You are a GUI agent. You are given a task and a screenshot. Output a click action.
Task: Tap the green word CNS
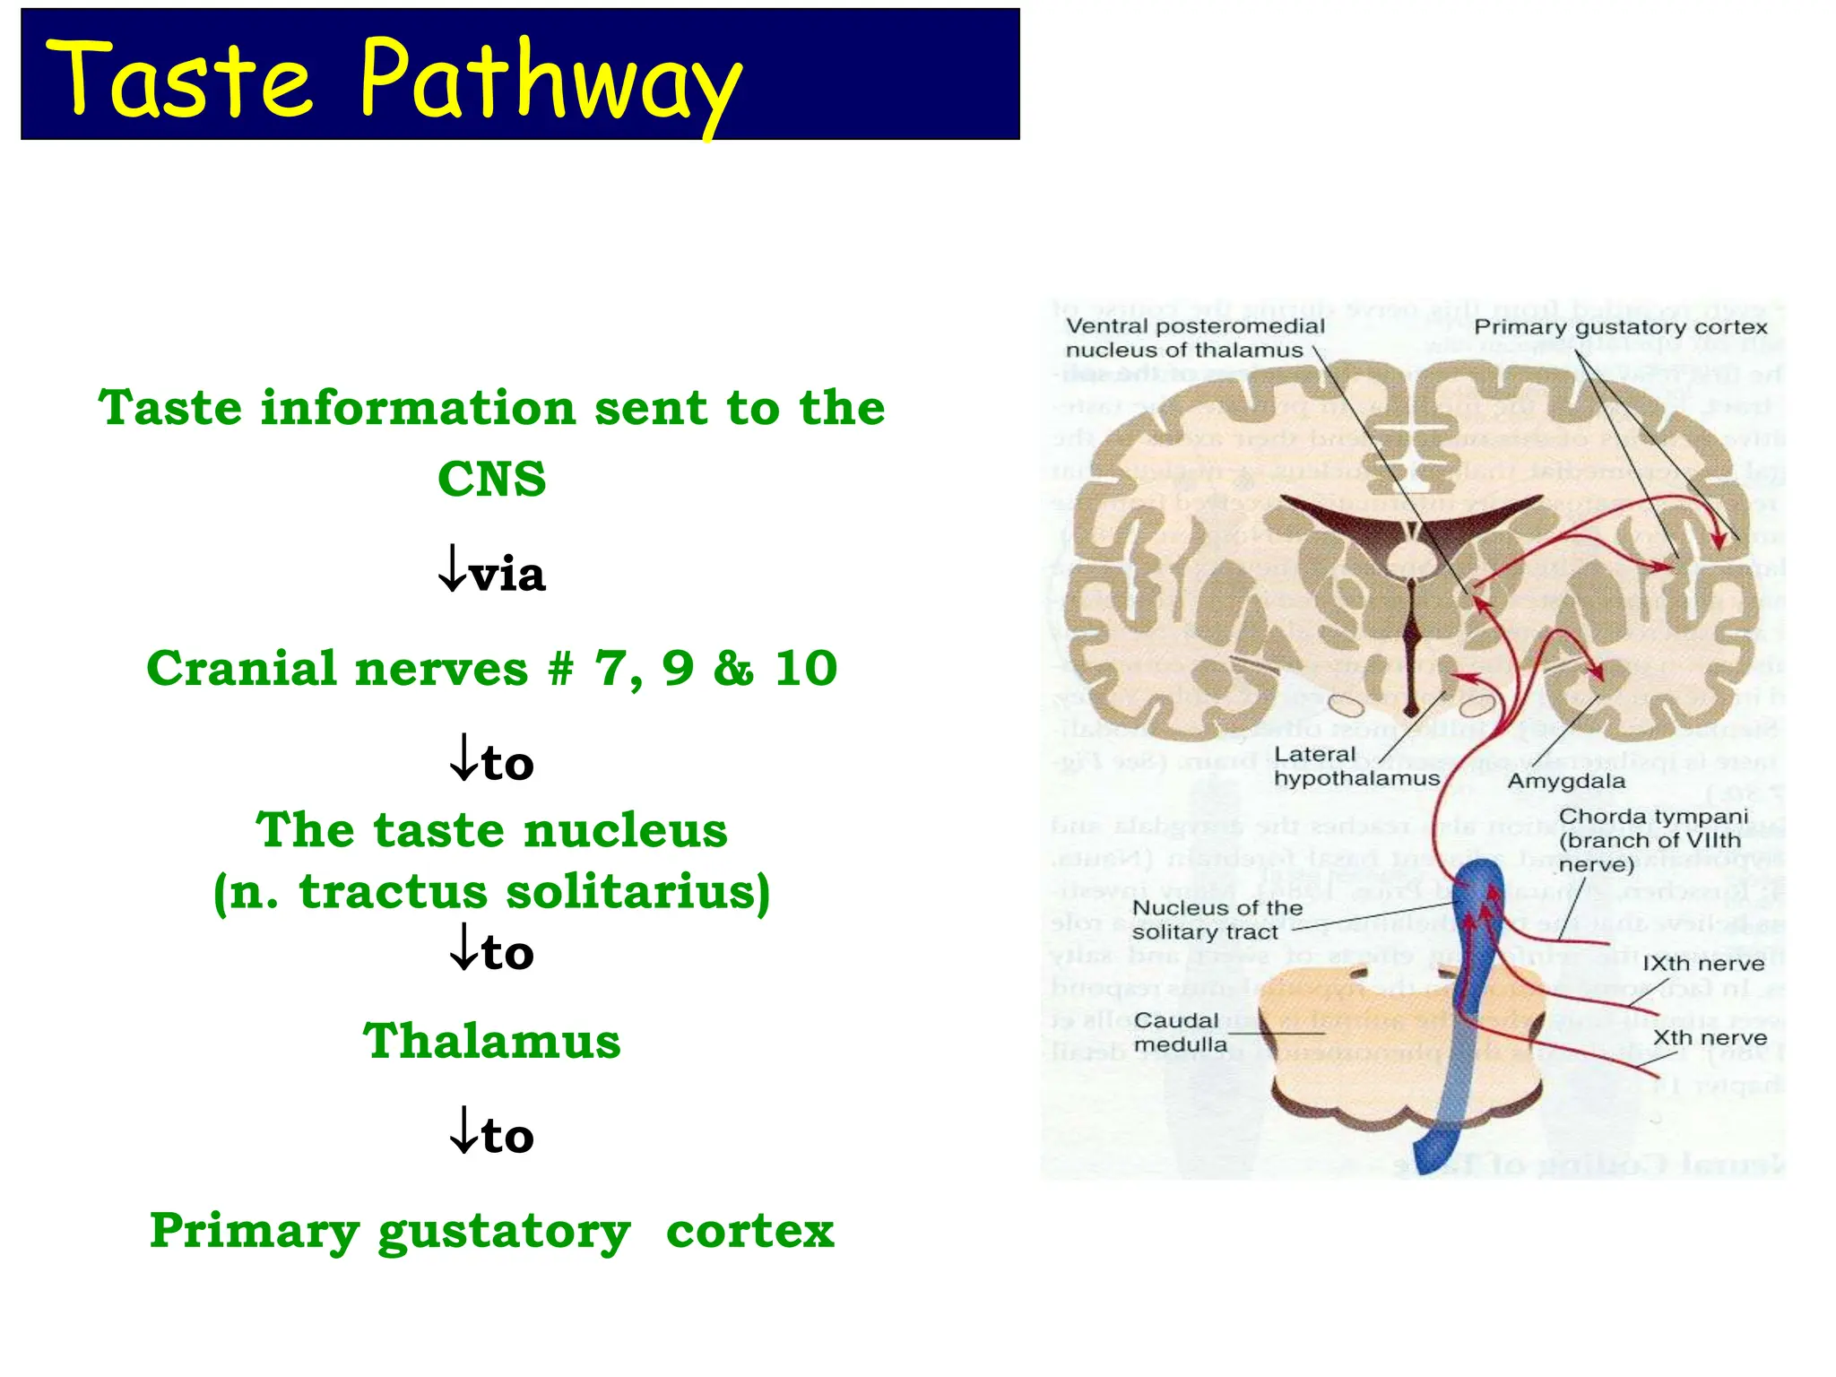[x=491, y=479]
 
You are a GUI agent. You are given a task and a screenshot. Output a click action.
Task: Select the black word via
[x=507, y=575]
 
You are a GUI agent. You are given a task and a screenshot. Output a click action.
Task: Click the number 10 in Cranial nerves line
[x=806, y=669]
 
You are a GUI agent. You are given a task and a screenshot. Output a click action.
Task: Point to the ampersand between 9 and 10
[x=733, y=669]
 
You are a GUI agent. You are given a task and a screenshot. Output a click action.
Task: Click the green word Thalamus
[x=491, y=1042]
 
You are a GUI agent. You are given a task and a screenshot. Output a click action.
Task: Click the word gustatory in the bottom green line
[x=504, y=1232]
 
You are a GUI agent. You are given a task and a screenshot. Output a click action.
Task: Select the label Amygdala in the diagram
[x=1565, y=781]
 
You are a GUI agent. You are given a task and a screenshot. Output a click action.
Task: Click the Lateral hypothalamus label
[x=1355, y=766]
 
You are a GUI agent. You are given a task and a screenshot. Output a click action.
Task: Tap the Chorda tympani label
[x=1652, y=840]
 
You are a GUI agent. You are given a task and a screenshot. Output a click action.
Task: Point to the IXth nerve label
[x=1702, y=964]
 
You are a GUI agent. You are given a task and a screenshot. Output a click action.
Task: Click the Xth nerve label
[x=1710, y=1038]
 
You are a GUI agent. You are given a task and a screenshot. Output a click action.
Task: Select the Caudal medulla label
[x=1179, y=1033]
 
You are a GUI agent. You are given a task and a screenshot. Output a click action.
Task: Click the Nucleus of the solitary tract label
[x=1217, y=920]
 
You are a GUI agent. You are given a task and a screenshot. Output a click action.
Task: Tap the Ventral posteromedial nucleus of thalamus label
[x=1194, y=338]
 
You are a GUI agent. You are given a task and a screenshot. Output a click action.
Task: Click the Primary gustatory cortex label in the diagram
[x=1620, y=327]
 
